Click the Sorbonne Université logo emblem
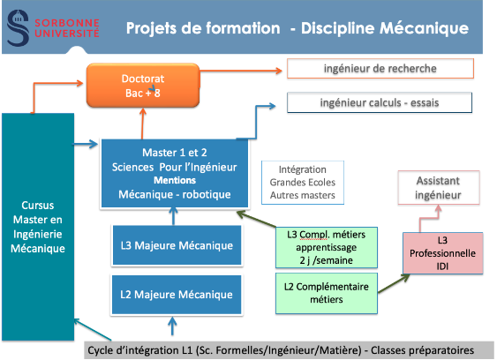pyautogui.click(x=18, y=28)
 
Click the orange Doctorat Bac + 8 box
pyautogui.click(x=143, y=86)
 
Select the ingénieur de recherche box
pyautogui.click(x=380, y=69)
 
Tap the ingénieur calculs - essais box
pyautogui.click(x=380, y=102)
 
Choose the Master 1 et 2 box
pyautogui.click(x=174, y=173)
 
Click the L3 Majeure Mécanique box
pyautogui.click(x=177, y=245)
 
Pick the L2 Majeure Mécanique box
pyautogui.click(x=177, y=295)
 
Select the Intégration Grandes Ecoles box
pyautogui.click(x=303, y=183)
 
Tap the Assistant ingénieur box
pyautogui.click(x=439, y=188)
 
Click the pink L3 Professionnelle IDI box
pyautogui.click(x=443, y=253)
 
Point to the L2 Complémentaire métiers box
pyautogui.click(x=326, y=293)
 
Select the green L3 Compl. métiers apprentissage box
pyautogui.click(x=326, y=247)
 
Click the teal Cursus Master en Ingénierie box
pyautogui.click(x=38, y=227)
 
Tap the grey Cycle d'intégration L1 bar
pyautogui.click(x=289, y=350)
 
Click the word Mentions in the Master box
pyautogui.click(x=175, y=180)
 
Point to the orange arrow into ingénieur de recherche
pyautogui.click(x=241, y=71)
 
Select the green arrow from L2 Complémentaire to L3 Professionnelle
pyautogui.click(x=394, y=283)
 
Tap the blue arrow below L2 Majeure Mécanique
pyautogui.click(x=172, y=326)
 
